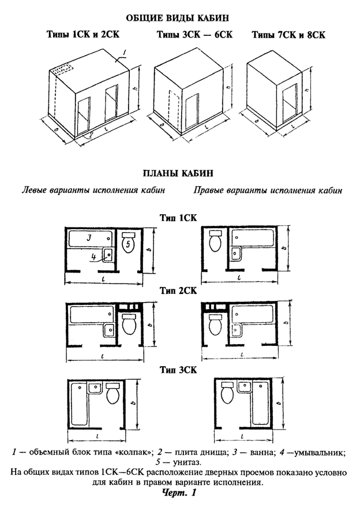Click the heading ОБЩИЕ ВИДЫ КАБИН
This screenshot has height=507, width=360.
coord(178,17)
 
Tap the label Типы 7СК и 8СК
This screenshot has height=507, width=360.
coord(288,35)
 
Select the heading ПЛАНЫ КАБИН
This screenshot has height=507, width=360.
coord(178,173)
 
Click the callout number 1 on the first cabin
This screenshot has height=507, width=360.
coord(125,52)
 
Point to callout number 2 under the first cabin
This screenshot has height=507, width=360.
coord(92,135)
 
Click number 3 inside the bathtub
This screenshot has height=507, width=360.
coord(88,238)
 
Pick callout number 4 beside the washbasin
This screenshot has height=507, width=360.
coord(93,258)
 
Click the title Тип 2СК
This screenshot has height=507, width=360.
coord(178,290)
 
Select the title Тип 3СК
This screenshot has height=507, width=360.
coord(178,370)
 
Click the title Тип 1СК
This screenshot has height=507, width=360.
coord(178,217)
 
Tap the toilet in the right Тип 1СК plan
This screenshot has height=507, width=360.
coord(215,241)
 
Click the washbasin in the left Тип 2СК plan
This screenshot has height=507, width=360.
coord(108,330)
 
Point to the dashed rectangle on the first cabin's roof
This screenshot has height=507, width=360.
coord(62,69)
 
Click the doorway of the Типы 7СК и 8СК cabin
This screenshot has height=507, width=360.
coord(289,100)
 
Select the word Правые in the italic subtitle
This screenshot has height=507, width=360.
coord(208,190)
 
